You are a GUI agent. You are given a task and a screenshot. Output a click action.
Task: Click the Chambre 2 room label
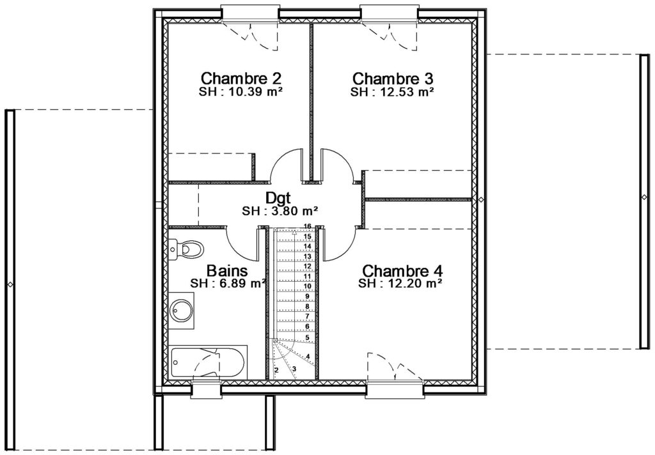coord(241,78)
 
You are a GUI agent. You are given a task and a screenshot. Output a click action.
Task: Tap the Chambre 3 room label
coord(393,78)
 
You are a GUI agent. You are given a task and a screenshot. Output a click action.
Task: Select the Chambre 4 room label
coord(402,270)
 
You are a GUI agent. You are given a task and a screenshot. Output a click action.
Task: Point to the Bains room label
coord(227,270)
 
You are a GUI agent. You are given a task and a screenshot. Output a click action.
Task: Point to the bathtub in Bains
coord(208,362)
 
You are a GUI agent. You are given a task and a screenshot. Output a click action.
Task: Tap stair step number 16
coord(308,226)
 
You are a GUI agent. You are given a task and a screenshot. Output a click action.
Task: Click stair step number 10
coord(308,286)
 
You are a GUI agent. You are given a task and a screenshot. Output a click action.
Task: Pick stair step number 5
coord(307,337)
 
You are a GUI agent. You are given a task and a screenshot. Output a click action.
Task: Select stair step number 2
coord(276,370)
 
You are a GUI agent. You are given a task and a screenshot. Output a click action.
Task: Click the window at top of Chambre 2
coord(250,13)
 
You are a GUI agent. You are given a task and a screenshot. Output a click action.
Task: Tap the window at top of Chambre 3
coord(390,13)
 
